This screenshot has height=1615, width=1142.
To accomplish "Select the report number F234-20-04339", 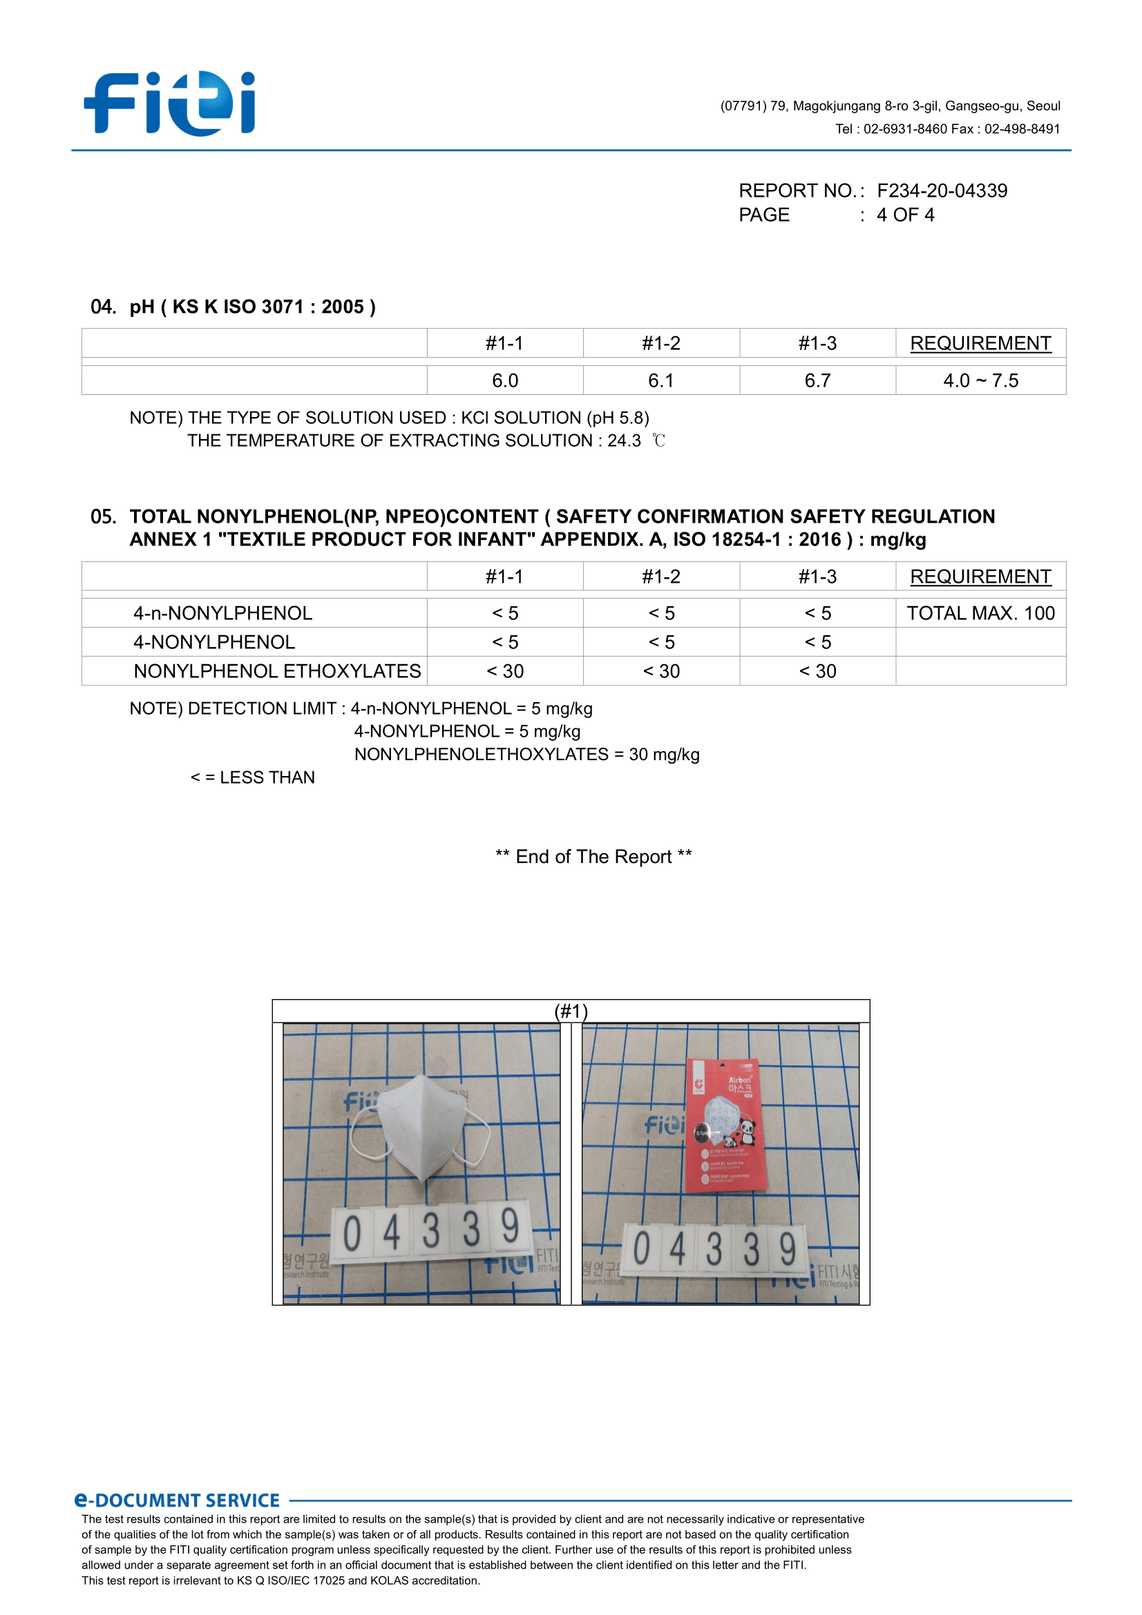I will point(942,191).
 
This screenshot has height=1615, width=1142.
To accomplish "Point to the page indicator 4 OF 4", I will point(905,215).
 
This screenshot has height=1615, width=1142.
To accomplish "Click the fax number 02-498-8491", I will point(1022,129).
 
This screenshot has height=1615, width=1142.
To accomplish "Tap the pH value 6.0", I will point(504,380).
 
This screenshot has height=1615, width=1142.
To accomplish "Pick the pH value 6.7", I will point(817,380).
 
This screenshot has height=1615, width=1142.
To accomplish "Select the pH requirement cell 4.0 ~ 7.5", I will point(980,380).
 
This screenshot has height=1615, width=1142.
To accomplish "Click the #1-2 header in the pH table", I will point(660,343).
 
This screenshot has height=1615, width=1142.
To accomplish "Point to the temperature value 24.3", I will point(624,441).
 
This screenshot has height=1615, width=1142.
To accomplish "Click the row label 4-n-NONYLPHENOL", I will point(222,613).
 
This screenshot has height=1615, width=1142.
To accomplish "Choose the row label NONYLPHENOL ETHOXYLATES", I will point(277,671).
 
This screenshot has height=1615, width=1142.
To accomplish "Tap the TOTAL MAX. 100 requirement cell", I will point(980,613).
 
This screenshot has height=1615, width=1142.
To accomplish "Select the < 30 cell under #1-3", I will point(817,671).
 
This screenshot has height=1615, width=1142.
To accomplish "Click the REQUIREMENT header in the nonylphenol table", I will point(980,577).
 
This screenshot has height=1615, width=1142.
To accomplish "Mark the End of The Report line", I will point(593,857).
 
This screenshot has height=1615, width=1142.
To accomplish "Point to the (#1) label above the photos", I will point(571,1011).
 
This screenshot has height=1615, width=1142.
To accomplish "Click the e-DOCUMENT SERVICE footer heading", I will point(178,1500).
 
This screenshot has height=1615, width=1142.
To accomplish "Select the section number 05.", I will point(103,517).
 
